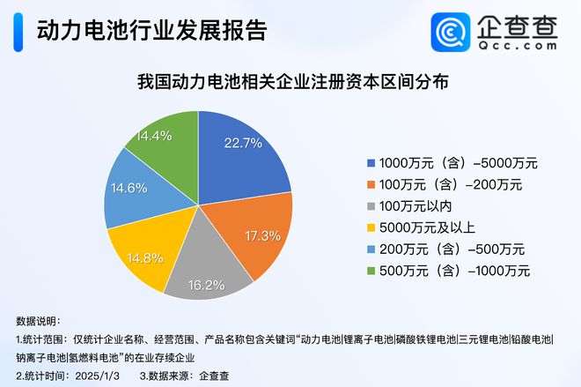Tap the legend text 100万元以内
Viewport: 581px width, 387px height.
tap(415, 205)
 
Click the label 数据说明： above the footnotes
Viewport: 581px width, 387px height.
tap(40, 320)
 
